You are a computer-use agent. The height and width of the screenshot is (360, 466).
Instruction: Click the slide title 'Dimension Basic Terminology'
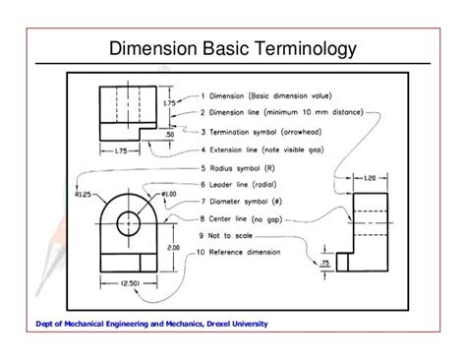pos(232,48)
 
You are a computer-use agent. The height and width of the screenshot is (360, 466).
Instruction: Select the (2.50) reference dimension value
pos(129,283)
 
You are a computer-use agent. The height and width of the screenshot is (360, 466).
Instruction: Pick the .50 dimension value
pos(169,133)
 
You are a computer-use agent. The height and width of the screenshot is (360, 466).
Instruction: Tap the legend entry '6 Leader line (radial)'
pos(245,184)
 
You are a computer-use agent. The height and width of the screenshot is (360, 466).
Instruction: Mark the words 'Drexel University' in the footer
pos(229,324)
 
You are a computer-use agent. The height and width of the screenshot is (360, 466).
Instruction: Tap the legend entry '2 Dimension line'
pos(278,113)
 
